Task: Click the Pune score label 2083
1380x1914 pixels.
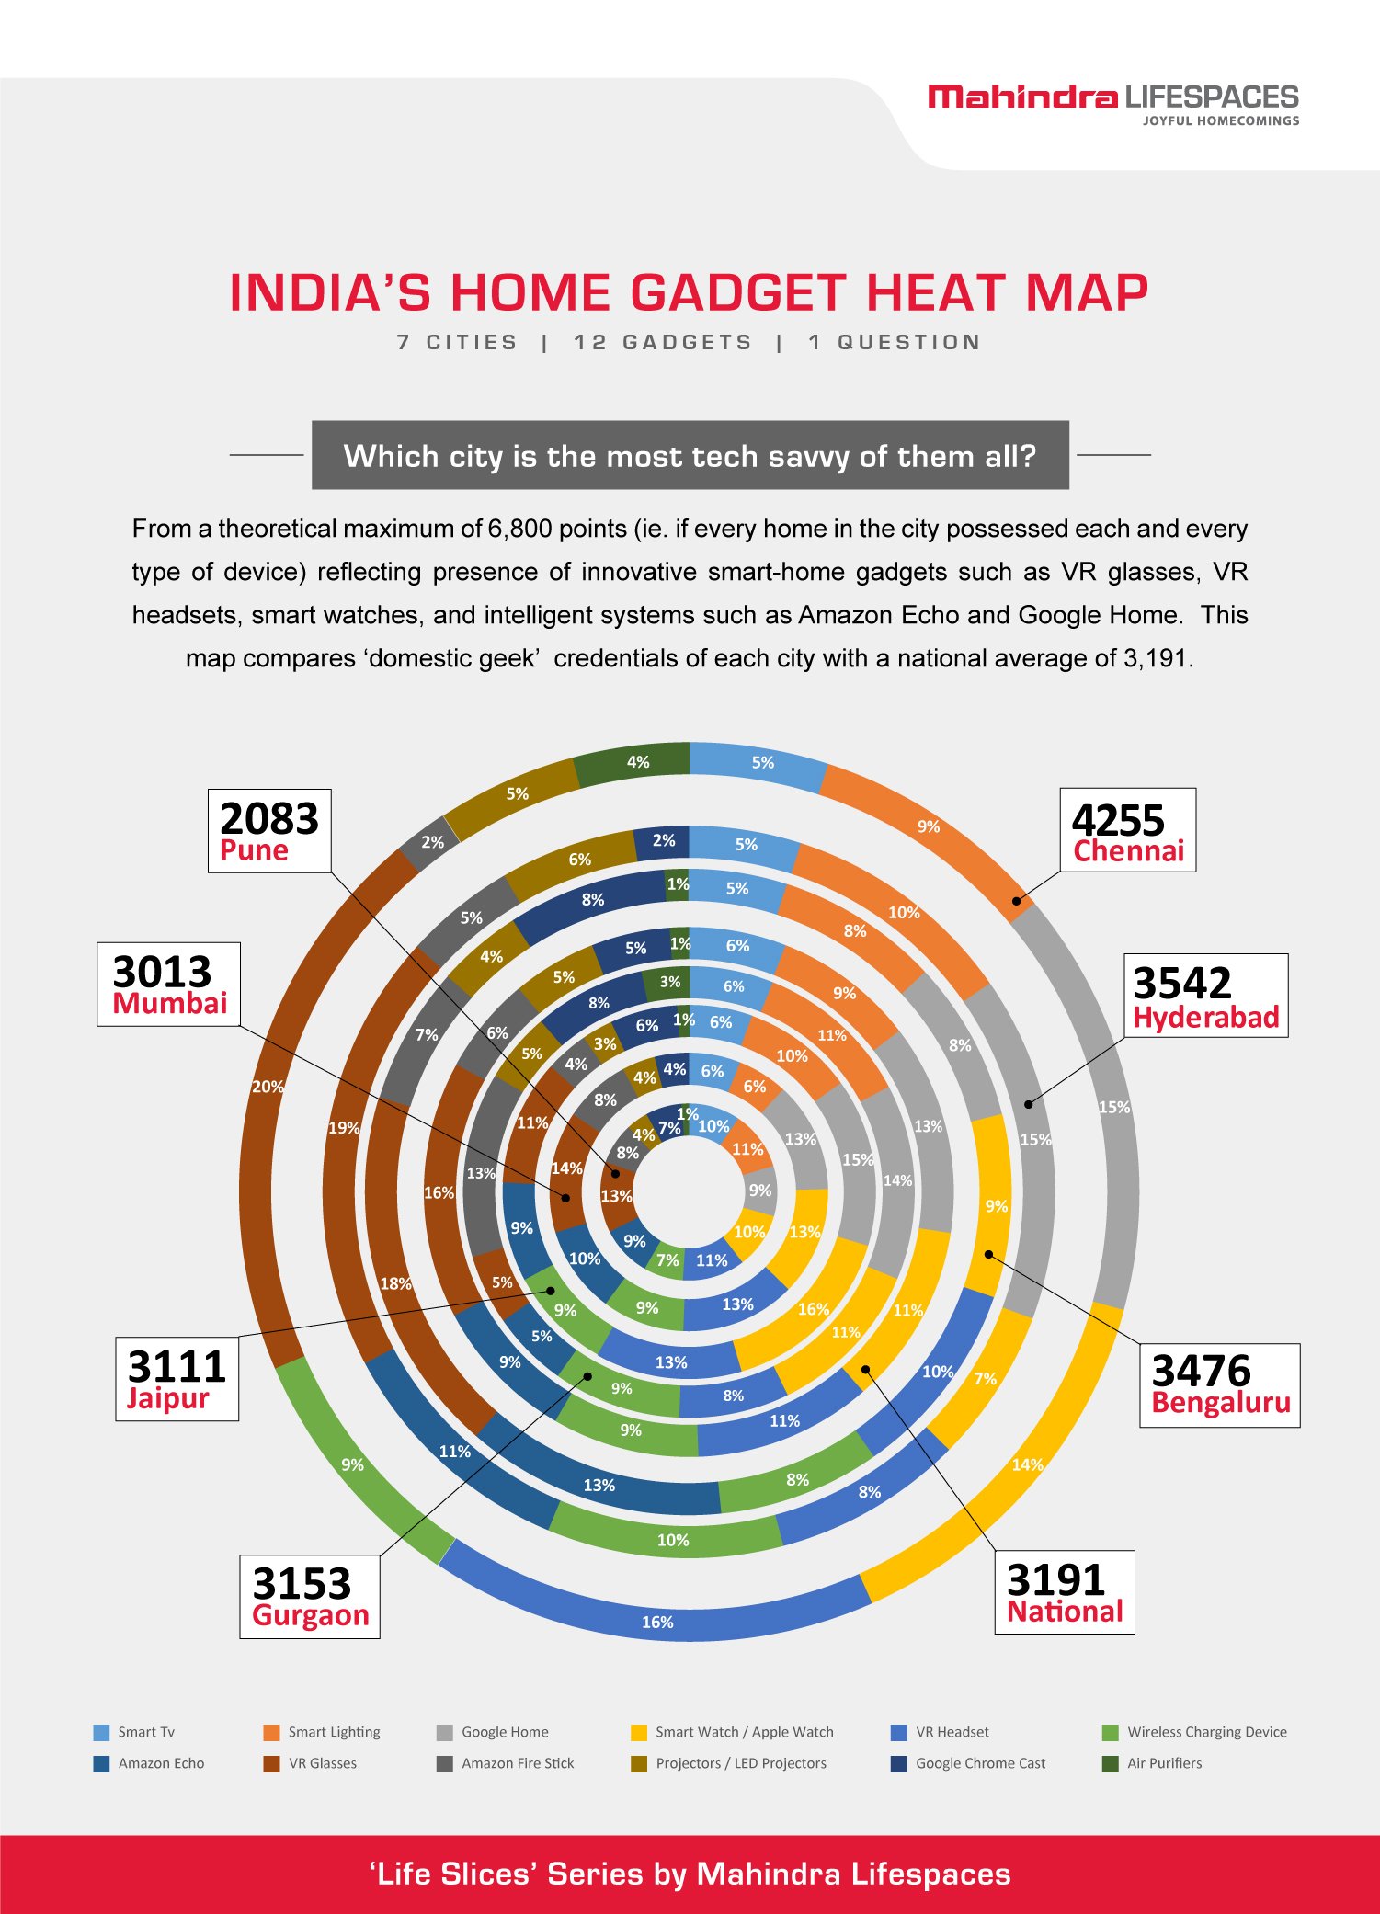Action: pos(268,830)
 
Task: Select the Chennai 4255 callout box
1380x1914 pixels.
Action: pos(1127,830)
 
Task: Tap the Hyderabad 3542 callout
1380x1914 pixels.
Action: pos(1205,996)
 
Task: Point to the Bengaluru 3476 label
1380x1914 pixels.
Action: pos(1219,1384)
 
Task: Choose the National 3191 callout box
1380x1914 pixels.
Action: pos(1064,1592)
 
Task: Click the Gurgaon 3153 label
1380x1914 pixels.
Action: pos(310,1597)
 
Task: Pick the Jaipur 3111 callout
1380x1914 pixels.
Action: pos(177,1379)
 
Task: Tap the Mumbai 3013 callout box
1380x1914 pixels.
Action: pos(169,984)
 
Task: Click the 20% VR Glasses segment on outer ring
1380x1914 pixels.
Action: pos(267,1087)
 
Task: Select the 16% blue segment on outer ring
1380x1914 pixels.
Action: pos(657,1622)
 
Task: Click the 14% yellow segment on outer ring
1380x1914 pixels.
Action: pos(1026,1464)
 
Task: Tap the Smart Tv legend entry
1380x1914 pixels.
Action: pos(135,1732)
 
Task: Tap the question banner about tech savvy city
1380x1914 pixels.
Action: pos(690,456)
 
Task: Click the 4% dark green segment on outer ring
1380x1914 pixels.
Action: pos(637,762)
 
